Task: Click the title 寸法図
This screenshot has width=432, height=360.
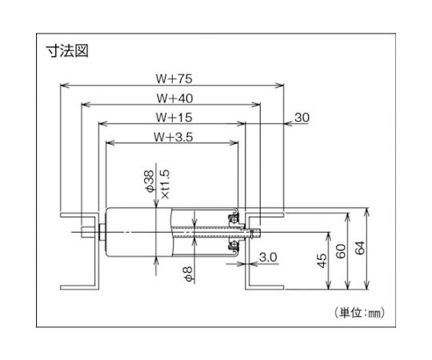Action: [x=67, y=51]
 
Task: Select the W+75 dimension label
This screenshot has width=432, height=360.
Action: [x=174, y=79]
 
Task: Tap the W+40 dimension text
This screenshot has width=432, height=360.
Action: [x=174, y=98]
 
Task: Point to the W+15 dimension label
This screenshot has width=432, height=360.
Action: [x=174, y=118]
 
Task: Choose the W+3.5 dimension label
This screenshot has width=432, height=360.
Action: [x=174, y=137]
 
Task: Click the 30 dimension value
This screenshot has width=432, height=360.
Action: [x=302, y=118]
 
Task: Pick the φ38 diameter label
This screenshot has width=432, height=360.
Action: [x=150, y=181]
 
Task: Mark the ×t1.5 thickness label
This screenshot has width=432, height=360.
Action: [x=165, y=184]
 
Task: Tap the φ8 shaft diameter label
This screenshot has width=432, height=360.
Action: [x=189, y=274]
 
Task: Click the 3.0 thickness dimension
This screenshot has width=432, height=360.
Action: [x=268, y=258]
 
